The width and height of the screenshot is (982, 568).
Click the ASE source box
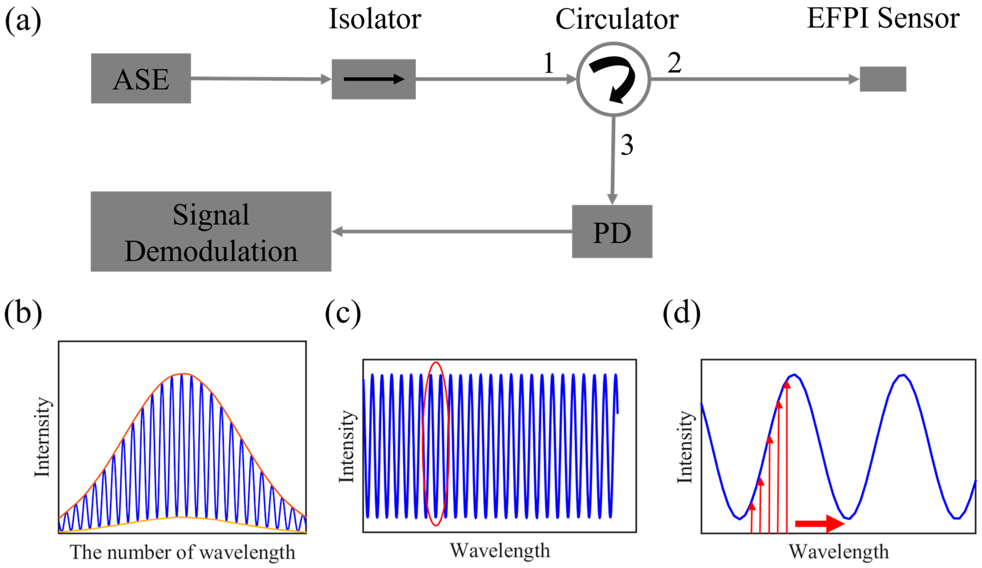(x=141, y=78)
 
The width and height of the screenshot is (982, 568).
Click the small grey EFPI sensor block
(x=883, y=79)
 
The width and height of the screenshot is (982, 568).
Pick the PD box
(x=612, y=231)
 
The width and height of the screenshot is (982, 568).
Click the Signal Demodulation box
(x=211, y=231)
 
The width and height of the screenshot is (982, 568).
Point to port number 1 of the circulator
(x=549, y=63)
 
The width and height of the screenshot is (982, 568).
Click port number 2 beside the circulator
(x=675, y=63)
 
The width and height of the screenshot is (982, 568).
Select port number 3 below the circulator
(x=627, y=145)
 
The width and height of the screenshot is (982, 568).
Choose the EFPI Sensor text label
(x=883, y=18)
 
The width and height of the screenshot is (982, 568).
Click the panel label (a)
(x=23, y=20)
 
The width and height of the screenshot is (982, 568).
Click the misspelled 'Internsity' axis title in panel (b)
(x=42, y=437)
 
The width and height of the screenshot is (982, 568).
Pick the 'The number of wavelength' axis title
(x=182, y=552)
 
